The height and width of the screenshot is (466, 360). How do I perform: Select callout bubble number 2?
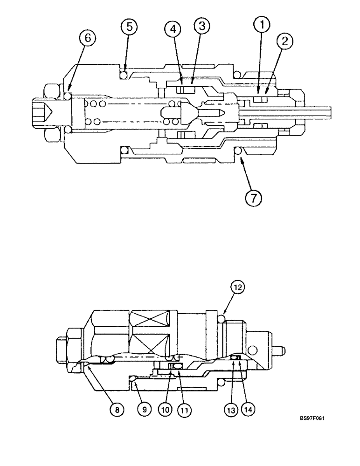click(x=284, y=41)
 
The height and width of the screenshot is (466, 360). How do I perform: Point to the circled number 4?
click(x=174, y=29)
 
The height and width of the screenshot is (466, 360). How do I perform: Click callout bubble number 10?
click(x=164, y=410)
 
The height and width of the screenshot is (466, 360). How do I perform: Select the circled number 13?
click(x=228, y=410)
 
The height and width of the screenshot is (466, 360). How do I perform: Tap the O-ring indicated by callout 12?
click(x=221, y=318)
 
